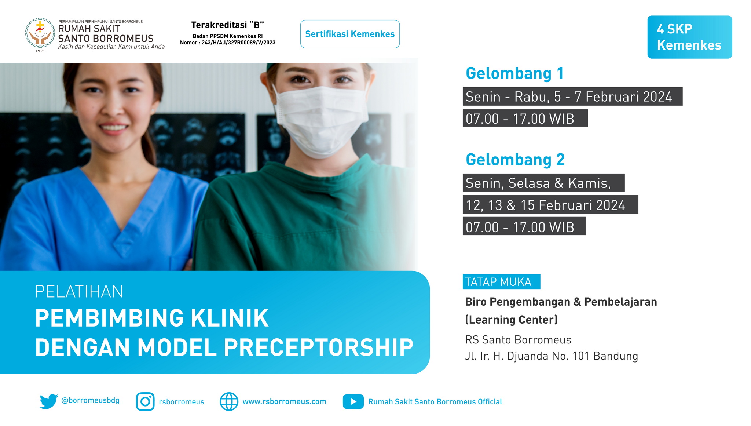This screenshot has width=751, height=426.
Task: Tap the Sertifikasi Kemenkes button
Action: click(x=350, y=34)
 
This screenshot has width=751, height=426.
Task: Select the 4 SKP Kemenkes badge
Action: click(x=689, y=37)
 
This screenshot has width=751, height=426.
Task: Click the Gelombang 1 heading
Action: click(x=514, y=73)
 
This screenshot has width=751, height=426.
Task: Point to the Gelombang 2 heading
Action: click(x=515, y=160)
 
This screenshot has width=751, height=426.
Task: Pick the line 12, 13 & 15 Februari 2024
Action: click(x=545, y=205)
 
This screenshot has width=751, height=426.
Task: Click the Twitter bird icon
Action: click(x=49, y=401)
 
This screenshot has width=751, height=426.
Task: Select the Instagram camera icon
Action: click(x=145, y=402)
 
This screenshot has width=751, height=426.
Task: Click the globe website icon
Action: click(x=229, y=402)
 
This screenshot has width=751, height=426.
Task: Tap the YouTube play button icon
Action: click(x=353, y=402)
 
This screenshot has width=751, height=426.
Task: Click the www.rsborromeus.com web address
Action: click(x=284, y=402)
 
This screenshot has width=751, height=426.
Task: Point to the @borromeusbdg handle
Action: click(x=90, y=400)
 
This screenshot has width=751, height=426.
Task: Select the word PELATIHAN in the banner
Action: click(x=79, y=292)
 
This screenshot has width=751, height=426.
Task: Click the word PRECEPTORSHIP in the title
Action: click(x=318, y=347)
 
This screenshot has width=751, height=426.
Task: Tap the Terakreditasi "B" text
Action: click(x=227, y=25)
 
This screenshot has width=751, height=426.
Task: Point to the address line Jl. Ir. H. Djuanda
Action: click(x=552, y=356)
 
